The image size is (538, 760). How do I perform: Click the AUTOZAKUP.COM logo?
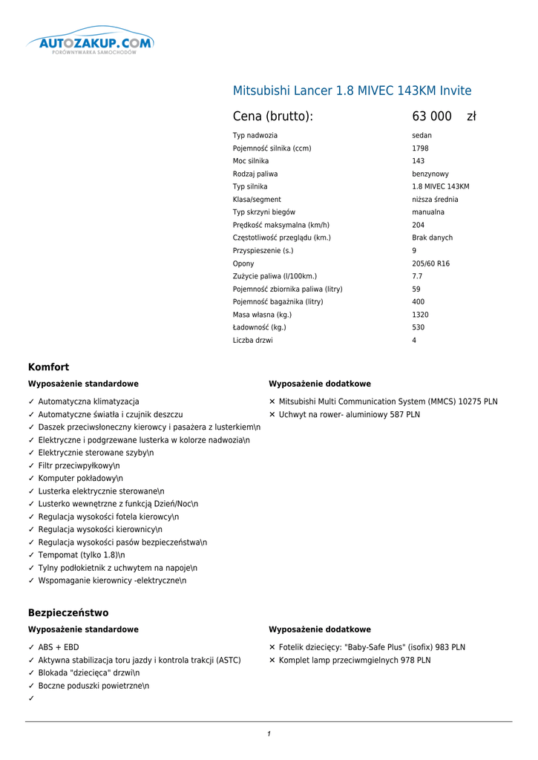[x=91, y=43]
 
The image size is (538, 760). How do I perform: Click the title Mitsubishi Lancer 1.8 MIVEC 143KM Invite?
[x=352, y=91]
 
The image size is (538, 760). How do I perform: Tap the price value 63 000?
[x=432, y=117]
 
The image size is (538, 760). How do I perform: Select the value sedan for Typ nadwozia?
[x=421, y=136]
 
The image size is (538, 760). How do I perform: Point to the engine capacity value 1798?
[x=420, y=148]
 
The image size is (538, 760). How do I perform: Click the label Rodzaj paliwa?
[x=255, y=174]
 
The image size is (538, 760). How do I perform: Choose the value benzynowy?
[x=430, y=174]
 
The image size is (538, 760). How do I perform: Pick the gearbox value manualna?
[x=428, y=212]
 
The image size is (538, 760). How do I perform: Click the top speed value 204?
[x=419, y=225]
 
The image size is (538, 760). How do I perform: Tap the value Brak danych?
[x=432, y=237]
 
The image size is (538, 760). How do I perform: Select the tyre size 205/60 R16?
[x=430, y=263]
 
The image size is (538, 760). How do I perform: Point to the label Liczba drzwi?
[x=252, y=341]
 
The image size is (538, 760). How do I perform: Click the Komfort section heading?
[x=48, y=367]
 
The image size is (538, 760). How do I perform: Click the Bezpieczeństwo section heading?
[x=68, y=613]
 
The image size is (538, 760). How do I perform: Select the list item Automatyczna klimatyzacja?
[x=88, y=402]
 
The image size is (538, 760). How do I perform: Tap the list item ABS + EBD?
[x=58, y=647]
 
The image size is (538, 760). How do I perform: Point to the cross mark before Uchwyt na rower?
[x=272, y=415]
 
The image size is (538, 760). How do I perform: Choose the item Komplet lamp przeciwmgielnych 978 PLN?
[x=354, y=660]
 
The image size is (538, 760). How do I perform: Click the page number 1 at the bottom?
[x=269, y=734]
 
